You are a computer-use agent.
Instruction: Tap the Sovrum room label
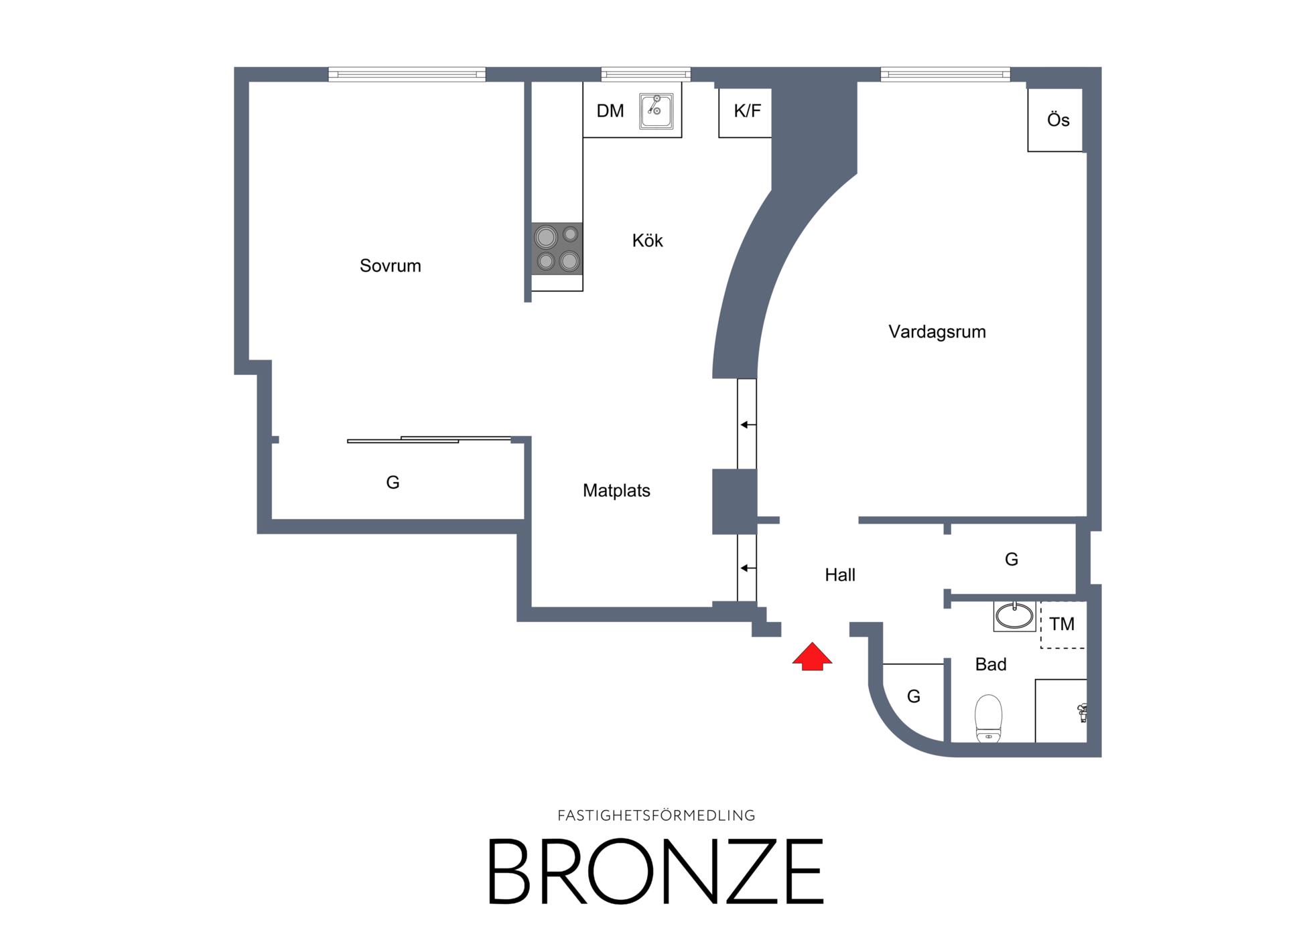391,266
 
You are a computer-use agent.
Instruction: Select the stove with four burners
557,248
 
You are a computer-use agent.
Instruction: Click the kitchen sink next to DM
656,111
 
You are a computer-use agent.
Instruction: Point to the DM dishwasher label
610,111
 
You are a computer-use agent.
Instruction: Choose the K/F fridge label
748,111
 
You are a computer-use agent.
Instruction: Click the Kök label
648,240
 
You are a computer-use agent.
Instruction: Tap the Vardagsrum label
937,332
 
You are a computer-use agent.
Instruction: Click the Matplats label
616,491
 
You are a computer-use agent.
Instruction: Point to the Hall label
840,575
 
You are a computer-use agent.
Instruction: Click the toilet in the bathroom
988,718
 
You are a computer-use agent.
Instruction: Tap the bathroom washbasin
1014,616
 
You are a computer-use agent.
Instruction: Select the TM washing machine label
1062,624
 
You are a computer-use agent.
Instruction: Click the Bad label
991,664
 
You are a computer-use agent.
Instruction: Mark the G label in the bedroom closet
393,482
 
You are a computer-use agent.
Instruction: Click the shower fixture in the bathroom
1081,712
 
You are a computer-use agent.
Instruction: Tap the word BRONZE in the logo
655,871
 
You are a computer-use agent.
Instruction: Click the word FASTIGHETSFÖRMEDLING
656,816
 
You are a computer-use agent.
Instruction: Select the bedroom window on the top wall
407,74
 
